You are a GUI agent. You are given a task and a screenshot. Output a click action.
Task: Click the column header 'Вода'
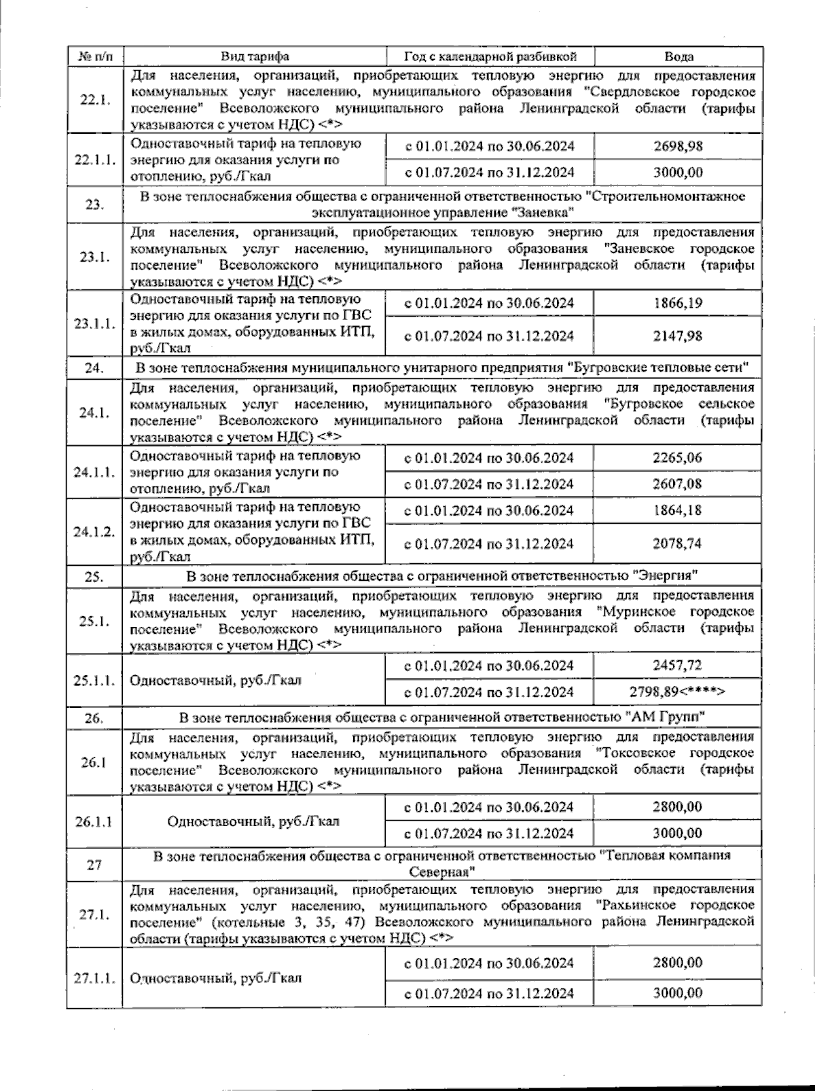pyautogui.click(x=678, y=56)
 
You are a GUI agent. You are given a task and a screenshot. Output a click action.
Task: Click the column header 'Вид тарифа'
pyautogui.click(x=255, y=56)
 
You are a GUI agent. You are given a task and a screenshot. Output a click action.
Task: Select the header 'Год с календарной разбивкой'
pyautogui.click(x=490, y=56)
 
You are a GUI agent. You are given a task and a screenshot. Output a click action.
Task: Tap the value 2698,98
pyautogui.click(x=677, y=146)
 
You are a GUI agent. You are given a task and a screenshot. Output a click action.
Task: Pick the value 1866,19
pyautogui.click(x=677, y=303)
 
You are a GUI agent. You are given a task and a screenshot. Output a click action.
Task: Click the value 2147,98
pyautogui.click(x=677, y=336)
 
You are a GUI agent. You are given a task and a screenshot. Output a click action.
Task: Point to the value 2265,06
pyautogui.click(x=677, y=458)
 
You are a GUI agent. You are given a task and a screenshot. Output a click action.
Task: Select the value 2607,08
pyautogui.click(x=677, y=484)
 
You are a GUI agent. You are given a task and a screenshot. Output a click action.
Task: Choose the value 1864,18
pyautogui.click(x=677, y=510)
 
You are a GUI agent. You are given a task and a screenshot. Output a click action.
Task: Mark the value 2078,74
pyautogui.click(x=677, y=543)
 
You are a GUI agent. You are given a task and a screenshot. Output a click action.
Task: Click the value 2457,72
pyautogui.click(x=677, y=665)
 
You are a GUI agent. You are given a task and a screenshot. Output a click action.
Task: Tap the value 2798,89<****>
pyautogui.click(x=677, y=692)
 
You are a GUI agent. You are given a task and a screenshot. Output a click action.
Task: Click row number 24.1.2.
pyautogui.click(x=94, y=532)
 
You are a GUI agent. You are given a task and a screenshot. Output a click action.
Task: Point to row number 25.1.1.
pyautogui.click(x=94, y=680)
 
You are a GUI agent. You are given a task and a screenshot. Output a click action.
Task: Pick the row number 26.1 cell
pyautogui.click(x=94, y=763)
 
